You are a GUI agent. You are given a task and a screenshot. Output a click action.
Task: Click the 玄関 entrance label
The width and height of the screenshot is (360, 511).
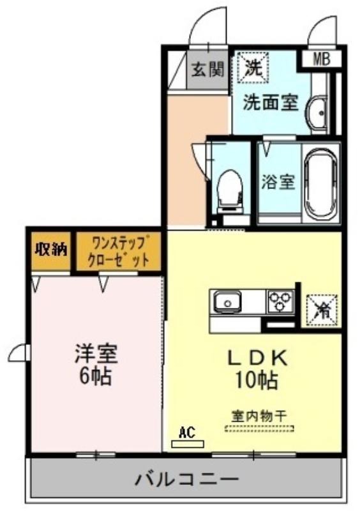click(x=208, y=69)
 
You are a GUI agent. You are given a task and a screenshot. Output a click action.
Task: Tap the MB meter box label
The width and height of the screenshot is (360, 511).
click(x=321, y=59)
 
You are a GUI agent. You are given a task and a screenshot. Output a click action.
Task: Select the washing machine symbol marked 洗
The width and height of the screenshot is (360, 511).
click(x=253, y=68)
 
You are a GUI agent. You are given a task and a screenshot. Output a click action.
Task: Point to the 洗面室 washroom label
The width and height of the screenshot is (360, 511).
click(x=271, y=103)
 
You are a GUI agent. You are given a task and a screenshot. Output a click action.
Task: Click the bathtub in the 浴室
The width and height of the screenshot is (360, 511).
click(x=320, y=184)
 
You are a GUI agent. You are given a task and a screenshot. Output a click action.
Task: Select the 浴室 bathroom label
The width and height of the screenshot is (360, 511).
click(x=278, y=182)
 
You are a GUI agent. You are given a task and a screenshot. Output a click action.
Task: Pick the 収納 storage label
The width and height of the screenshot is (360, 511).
click(x=51, y=249)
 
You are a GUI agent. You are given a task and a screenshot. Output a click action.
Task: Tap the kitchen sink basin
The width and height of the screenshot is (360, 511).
click(x=227, y=302)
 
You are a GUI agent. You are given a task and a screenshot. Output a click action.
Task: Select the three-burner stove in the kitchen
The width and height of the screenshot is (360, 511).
click(x=280, y=301)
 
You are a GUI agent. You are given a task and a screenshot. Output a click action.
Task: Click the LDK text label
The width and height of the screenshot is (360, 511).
click(x=258, y=358)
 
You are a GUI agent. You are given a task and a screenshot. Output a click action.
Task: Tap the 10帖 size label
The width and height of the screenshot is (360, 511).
click(x=257, y=380)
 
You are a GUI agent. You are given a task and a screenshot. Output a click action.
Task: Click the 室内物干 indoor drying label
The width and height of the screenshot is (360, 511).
click(x=259, y=416)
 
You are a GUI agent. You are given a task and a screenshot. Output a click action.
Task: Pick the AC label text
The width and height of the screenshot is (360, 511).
click(x=187, y=432)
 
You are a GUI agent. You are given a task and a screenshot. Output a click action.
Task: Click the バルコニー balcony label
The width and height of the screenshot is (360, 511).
click(x=187, y=479)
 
